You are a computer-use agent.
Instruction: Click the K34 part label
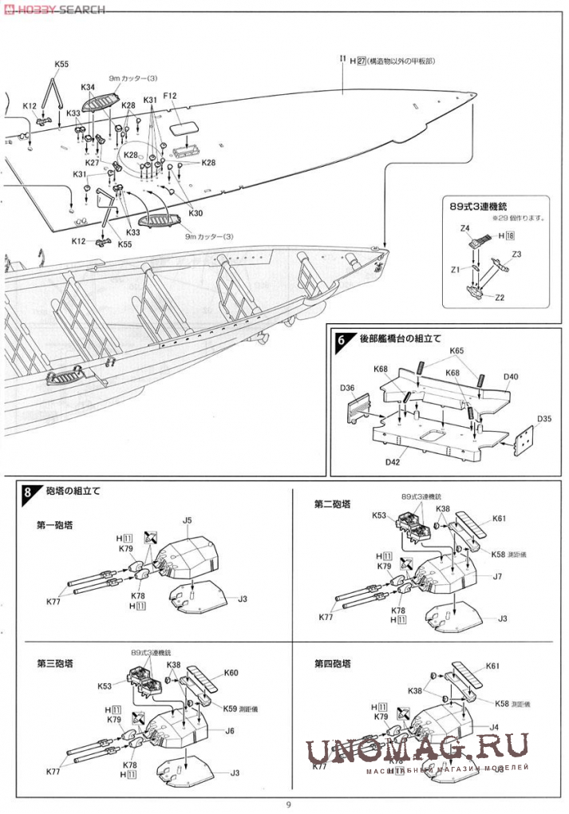88,87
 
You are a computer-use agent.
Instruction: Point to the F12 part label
170,97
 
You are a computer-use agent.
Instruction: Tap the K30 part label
196,213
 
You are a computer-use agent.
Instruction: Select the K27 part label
93,163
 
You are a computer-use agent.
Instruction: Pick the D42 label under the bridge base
392,462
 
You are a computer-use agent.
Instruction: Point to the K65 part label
456,350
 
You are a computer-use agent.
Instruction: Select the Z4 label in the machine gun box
465,229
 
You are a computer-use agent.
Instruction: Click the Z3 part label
516,255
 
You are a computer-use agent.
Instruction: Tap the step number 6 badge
342,339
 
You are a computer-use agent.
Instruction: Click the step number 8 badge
28,492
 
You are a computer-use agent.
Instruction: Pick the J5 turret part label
188,521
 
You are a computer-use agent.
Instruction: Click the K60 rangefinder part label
231,673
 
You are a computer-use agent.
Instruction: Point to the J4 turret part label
494,727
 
